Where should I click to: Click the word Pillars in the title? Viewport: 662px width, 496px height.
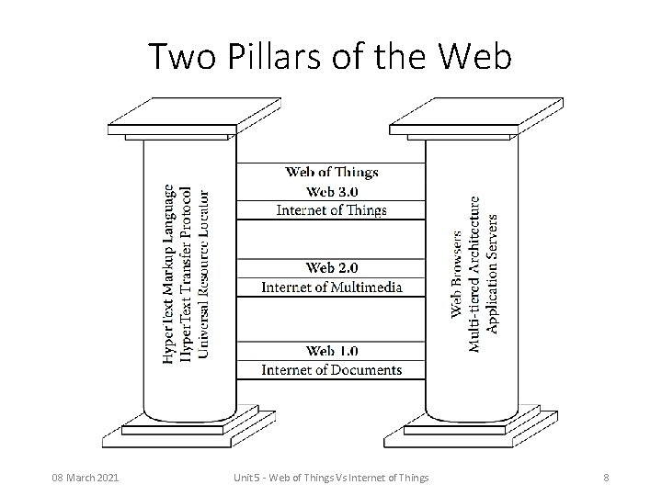coord(264,57)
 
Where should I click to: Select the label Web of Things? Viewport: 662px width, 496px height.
coord(332,172)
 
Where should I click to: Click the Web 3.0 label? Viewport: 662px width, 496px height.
coord(332,191)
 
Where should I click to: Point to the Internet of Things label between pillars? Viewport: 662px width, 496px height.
coord(332,210)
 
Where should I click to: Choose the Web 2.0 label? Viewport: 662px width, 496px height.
coord(332,268)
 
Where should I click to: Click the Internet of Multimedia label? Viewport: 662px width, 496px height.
coord(332,287)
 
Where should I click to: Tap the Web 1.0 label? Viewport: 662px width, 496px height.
coord(332,351)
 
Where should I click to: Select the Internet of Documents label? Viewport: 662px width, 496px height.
coord(332,370)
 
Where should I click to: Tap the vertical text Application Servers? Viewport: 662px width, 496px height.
coord(493,273)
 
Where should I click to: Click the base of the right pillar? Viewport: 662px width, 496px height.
coord(472,427)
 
